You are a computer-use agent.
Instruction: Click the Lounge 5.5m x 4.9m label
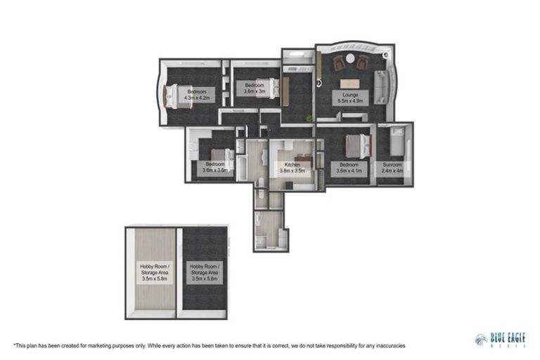(x=350, y=97)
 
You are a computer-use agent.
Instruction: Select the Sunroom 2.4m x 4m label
(x=393, y=167)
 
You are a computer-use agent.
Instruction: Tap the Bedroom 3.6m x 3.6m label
(x=215, y=167)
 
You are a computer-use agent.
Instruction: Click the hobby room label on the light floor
(x=150, y=272)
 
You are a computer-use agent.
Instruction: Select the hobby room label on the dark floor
(x=202, y=272)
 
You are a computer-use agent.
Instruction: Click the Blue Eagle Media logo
(x=500, y=339)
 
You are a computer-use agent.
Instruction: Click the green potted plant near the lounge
(x=309, y=117)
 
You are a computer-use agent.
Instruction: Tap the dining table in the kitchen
(x=302, y=156)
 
